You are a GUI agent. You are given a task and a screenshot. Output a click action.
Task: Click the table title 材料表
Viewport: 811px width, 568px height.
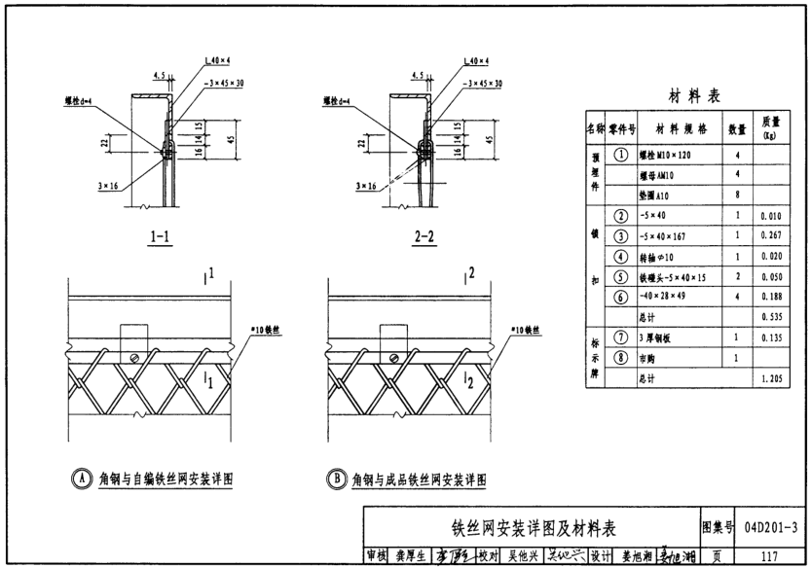point(693,96)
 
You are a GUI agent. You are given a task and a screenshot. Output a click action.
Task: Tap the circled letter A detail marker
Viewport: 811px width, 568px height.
point(80,479)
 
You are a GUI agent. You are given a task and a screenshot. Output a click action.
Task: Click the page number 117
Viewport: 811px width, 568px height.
point(769,557)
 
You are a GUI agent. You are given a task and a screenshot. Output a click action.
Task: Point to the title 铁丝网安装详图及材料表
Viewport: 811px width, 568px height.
point(534,528)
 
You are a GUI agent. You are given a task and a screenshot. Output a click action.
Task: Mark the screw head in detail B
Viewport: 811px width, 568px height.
point(391,359)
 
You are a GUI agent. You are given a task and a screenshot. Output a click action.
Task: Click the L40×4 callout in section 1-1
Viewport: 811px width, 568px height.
point(217,61)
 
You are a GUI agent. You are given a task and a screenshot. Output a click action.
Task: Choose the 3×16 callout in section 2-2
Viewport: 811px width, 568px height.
point(367,185)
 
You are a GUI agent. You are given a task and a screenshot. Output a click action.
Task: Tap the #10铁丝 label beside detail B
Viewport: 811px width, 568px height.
point(526,331)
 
